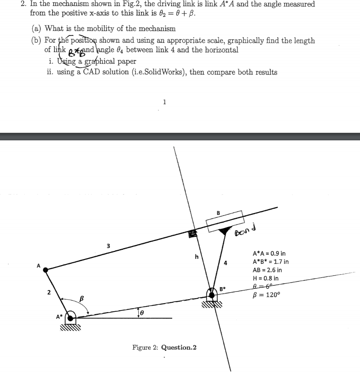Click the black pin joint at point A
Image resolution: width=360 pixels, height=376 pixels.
pos(46,270)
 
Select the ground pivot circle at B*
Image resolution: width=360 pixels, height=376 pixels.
pos(212,294)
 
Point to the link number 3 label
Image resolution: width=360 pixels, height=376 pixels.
pos(108,246)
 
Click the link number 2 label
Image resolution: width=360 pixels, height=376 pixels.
pos(48,293)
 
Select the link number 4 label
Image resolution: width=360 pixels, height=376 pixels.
pos(226,263)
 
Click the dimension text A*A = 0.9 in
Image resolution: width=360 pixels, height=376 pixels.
pos(269,253)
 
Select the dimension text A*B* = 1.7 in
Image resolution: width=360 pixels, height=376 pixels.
pos(271,262)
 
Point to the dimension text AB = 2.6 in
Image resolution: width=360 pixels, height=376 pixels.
pos(267,270)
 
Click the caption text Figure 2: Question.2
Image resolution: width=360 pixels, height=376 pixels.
pos(164,347)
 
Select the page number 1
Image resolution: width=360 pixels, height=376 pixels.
pos(164,102)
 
